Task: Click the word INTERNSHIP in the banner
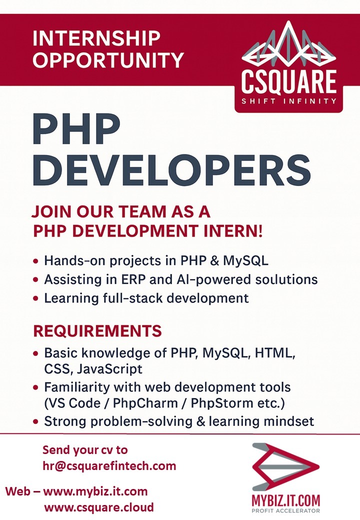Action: pos(96,38)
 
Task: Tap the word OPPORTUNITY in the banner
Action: pos(108,60)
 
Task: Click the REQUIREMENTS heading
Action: pos(97,331)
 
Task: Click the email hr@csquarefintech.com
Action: pos(109,466)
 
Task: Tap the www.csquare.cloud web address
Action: pos(99,507)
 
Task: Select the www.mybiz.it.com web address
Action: pos(95,491)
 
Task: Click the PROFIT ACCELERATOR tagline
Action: pos(286,511)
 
